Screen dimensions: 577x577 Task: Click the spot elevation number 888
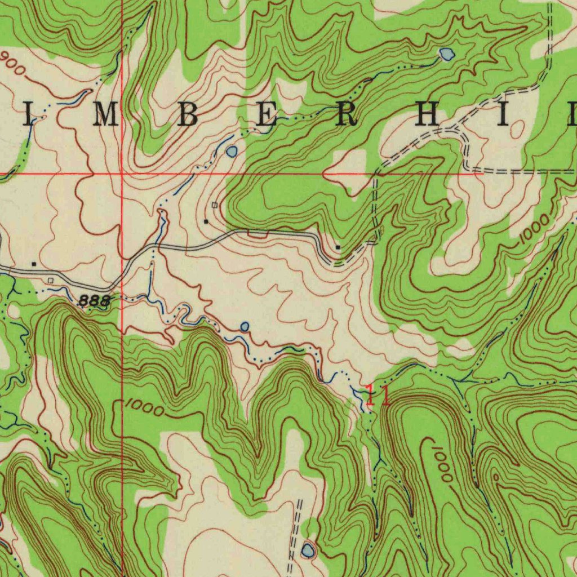(95, 301)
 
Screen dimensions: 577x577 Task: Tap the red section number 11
(377, 395)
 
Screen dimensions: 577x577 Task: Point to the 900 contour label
(12, 63)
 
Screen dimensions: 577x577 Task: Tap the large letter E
(267, 115)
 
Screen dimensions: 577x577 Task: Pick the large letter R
(346, 115)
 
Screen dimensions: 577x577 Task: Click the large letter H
(428, 115)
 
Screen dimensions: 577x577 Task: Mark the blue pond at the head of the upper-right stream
(447, 54)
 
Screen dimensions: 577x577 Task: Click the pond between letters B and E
(232, 151)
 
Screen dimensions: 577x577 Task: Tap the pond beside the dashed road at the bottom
(308, 550)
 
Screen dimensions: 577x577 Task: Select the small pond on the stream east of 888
(245, 326)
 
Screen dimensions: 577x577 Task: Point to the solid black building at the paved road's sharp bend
(338, 247)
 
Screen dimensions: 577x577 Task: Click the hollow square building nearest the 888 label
(51, 280)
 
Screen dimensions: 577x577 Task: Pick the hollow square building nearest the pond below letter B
(214, 205)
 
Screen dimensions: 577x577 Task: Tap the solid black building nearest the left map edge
(34, 263)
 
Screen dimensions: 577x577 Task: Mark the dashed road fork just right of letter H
(458, 132)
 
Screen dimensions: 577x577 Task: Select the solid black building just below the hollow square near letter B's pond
(206, 221)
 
